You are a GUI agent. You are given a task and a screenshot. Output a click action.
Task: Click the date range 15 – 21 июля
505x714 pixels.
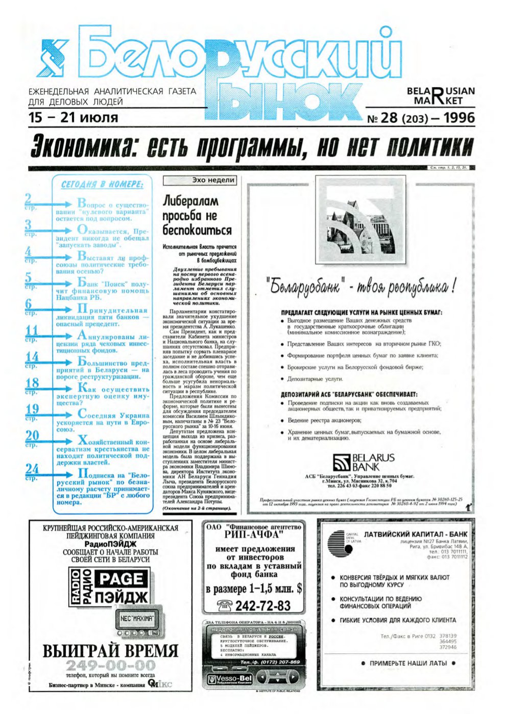(x=74, y=117)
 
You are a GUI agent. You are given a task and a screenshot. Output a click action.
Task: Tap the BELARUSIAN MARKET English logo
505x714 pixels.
(x=441, y=95)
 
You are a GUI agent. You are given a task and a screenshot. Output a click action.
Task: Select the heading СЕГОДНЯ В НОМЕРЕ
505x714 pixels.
(x=102, y=184)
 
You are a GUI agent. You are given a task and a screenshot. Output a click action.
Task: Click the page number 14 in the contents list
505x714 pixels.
(x=32, y=358)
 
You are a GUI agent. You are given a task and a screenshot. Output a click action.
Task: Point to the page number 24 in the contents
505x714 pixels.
(x=32, y=469)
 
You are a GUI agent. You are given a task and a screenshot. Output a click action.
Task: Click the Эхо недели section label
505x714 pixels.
(x=213, y=180)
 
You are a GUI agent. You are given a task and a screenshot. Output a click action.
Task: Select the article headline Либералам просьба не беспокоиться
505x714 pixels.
(x=197, y=215)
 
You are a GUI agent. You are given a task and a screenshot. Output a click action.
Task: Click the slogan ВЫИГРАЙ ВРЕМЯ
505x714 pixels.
(x=110, y=651)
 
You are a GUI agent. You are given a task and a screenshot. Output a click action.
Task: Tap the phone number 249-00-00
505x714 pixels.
(x=110, y=666)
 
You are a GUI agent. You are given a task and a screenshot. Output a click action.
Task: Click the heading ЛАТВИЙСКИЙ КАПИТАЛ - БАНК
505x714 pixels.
(x=415, y=534)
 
